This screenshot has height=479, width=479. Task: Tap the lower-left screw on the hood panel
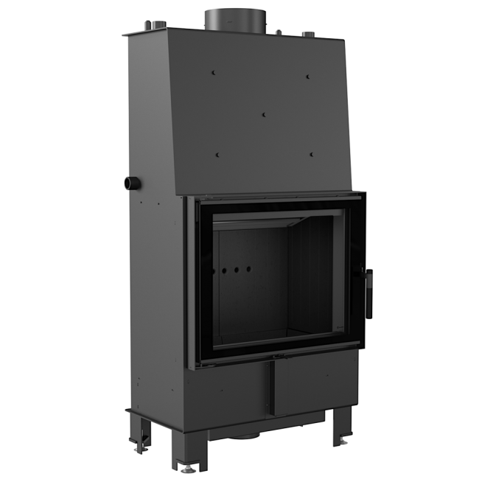pos(217,153)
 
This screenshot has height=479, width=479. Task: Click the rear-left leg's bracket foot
pos(139,445)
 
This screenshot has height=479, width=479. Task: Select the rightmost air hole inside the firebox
pos(249,270)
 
